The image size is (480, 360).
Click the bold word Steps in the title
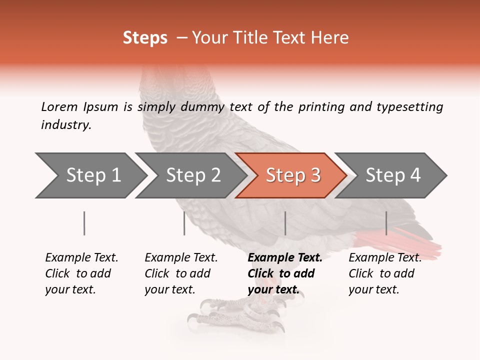pos(145,38)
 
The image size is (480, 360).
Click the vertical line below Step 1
pos(84,223)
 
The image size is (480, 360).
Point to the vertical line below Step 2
pos(184,223)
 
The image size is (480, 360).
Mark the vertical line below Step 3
pos(285,223)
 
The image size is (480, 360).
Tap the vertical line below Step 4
pos(386,223)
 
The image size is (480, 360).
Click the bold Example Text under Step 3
pos(284,273)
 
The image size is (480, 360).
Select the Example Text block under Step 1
pos(81,273)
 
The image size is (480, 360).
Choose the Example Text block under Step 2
pos(180,273)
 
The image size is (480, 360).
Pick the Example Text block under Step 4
pos(384,273)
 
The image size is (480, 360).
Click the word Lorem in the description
pos(59,106)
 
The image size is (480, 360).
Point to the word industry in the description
pos(66,125)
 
